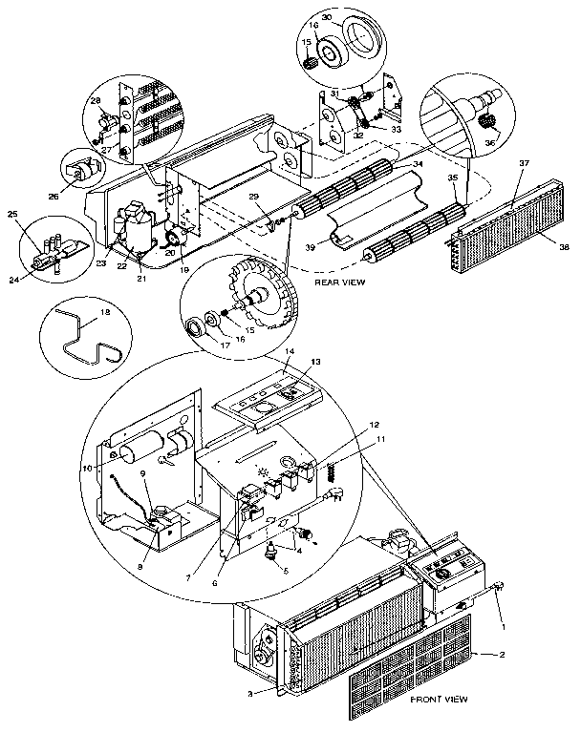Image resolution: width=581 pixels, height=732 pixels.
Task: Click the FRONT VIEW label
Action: point(439,700)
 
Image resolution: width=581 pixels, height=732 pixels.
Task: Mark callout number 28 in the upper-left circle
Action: point(96,100)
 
